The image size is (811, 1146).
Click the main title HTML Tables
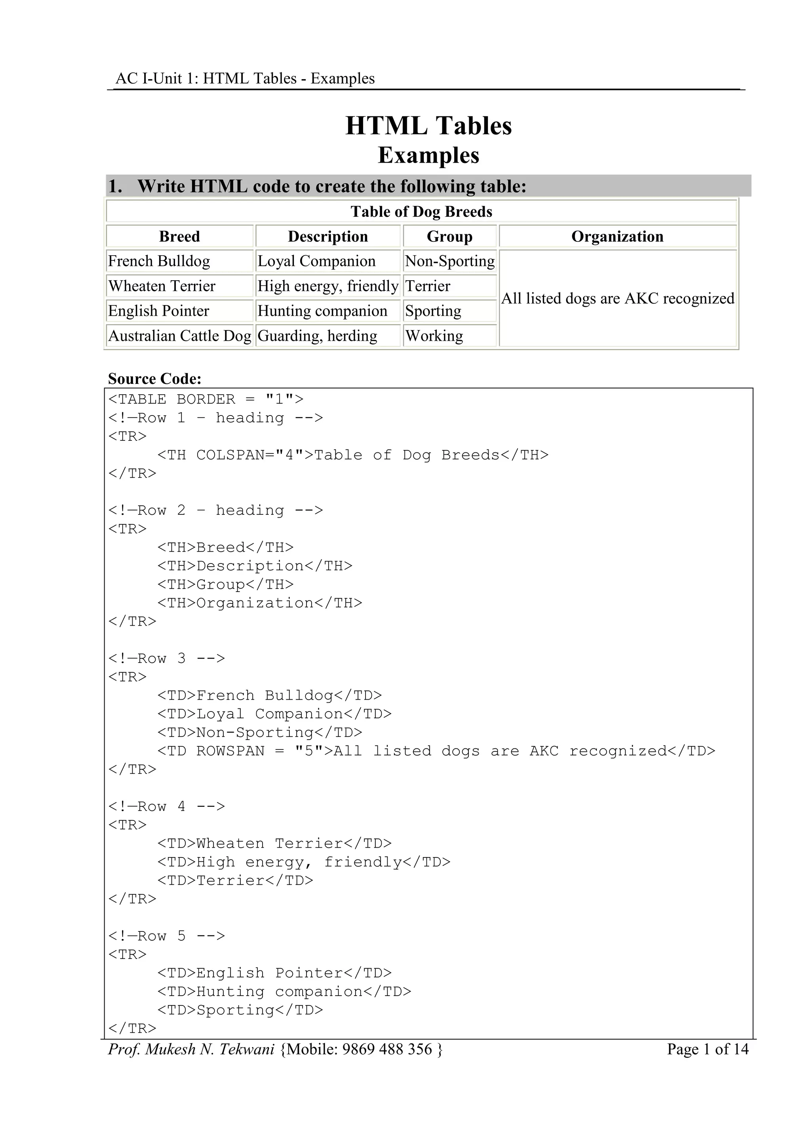point(428,126)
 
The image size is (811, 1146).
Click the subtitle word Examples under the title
point(428,155)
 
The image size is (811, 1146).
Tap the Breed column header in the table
point(179,236)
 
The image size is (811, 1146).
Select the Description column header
point(327,236)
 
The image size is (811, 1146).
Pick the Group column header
point(449,236)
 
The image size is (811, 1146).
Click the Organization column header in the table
point(617,236)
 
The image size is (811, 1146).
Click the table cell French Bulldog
point(159,261)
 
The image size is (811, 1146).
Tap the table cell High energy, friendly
point(327,286)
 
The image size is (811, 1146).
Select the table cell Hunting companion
point(322,311)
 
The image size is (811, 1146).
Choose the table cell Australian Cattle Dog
point(180,336)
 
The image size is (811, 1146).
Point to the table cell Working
point(434,336)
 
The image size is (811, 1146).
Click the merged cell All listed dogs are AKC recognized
point(617,298)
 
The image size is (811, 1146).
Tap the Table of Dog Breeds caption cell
point(421,212)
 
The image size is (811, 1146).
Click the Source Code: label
point(155,379)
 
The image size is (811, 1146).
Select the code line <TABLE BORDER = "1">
point(206,399)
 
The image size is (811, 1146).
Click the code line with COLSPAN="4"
point(352,455)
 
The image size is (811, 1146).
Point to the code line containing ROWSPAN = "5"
point(436,751)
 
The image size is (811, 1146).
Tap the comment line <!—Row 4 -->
point(167,806)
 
